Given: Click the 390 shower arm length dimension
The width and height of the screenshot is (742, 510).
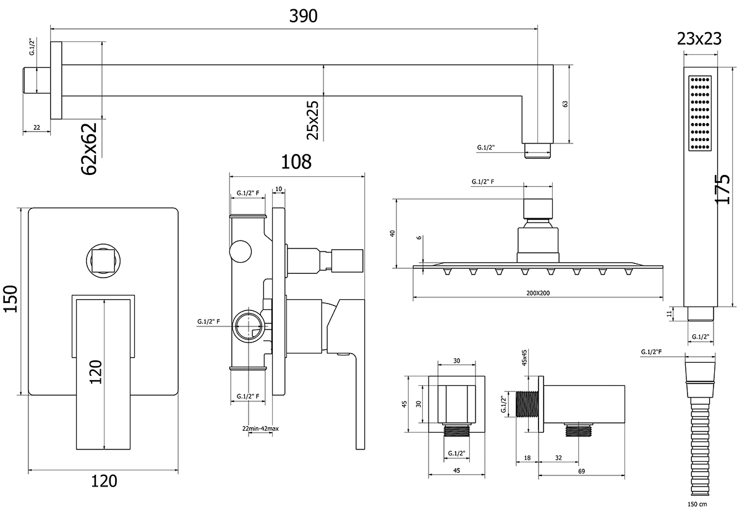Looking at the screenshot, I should pyautogui.click(x=304, y=17).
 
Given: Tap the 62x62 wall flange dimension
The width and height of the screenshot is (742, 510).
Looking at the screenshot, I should pyautogui.click(x=90, y=149).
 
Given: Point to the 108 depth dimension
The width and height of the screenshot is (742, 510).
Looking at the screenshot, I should pyautogui.click(x=296, y=162).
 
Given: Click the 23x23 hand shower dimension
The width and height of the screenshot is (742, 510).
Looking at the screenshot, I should pyautogui.click(x=699, y=39).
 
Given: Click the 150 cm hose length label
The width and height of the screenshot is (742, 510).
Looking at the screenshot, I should pyautogui.click(x=698, y=504).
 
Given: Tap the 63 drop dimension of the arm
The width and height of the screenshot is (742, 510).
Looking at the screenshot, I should pyautogui.click(x=565, y=104).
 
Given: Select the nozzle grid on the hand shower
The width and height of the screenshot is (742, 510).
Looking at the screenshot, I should pyautogui.click(x=699, y=114).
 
